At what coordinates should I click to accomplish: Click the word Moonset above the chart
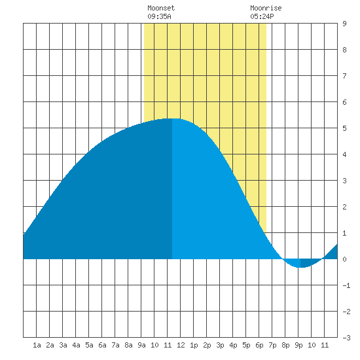[161, 8]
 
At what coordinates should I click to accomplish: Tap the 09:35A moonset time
[159, 16]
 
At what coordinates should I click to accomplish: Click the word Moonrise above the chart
[266, 8]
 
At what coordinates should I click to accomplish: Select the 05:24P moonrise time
[262, 16]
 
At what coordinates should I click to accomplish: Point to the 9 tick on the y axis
[344, 24]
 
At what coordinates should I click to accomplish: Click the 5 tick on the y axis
[344, 128]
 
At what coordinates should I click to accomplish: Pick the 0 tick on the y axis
[344, 259]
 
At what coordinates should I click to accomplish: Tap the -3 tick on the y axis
[346, 338]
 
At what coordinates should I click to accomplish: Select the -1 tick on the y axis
[346, 285]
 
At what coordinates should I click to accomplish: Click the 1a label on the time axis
[37, 345]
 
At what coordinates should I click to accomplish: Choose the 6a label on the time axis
[102, 345]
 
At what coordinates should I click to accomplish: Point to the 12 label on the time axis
[181, 345]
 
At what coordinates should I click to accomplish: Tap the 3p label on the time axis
[220, 345]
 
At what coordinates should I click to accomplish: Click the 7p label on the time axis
[272, 345]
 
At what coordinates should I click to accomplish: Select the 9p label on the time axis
[298, 345]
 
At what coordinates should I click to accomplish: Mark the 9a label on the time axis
[141, 345]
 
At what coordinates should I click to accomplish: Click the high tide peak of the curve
[172, 118]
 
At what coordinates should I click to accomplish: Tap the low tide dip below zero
[300, 267]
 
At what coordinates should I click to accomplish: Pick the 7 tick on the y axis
[344, 76]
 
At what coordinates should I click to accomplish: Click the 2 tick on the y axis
[344, 207]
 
